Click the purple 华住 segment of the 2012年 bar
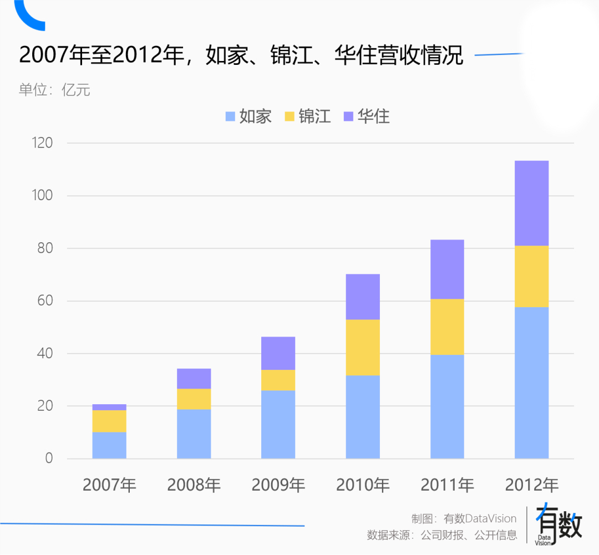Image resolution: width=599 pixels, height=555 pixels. tap(531, 203)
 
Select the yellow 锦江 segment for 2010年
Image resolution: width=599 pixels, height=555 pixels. tap(363, 348)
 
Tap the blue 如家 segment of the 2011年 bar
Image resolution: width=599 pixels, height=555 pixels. tap(447, 406)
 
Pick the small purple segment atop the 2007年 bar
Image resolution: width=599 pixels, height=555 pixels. tap(109, 407)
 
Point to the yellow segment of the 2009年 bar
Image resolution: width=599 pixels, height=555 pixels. tap(278, 380)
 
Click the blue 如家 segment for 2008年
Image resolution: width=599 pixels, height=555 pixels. tap(194, 434)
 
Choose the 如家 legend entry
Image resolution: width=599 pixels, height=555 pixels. tap(248, 116)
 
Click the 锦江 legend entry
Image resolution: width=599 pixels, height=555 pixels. tap(307, 116)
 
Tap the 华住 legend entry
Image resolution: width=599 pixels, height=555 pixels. tap(367, 116)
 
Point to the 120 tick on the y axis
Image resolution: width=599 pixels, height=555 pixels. tap(42, 143)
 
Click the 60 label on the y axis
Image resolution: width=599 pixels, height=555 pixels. tap(45, 301)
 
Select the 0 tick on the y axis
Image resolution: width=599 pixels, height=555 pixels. tap(49, 459)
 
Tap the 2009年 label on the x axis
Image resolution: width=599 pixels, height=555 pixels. tap(278, 485)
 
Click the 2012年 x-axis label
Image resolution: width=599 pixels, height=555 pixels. tap(531, 485)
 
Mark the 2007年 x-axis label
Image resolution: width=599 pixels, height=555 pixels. tap(109, 485)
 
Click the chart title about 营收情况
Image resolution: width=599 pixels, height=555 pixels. tap(241, 55)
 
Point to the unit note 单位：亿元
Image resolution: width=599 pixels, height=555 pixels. tap(54, 90)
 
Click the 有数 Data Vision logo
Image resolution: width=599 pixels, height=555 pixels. tap(559, 525)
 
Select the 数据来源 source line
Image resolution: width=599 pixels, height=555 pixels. tap(441, 535)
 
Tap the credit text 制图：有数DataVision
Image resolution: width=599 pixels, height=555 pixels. tap(464, 518)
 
